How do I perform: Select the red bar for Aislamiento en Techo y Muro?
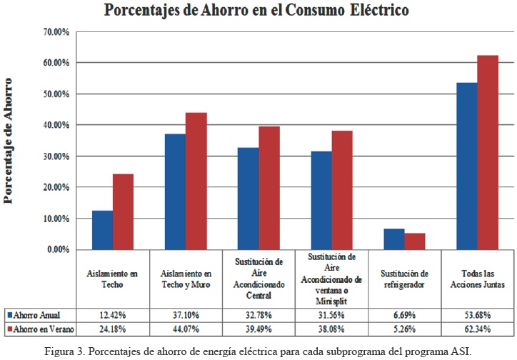[196, 181]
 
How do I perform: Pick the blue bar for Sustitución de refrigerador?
[393, 239]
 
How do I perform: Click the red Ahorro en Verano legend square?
[9, 329]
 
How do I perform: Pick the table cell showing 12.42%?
[114, 314]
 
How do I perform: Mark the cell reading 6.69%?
[403, 314]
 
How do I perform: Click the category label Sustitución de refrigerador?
[403, 279]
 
